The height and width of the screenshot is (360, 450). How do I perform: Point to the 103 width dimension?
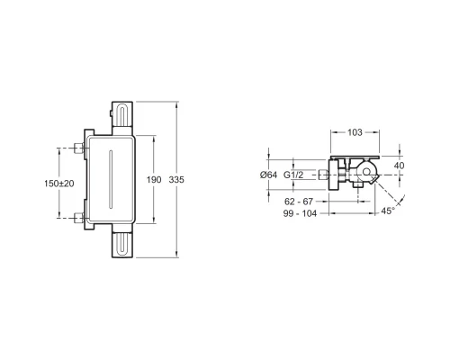tap(355, 132)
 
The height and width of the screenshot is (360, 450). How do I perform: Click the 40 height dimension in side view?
tap(399, 165)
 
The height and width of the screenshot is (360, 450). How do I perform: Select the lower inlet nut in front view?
tap(78, 215)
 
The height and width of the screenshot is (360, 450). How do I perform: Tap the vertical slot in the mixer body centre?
tap(110, 180)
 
